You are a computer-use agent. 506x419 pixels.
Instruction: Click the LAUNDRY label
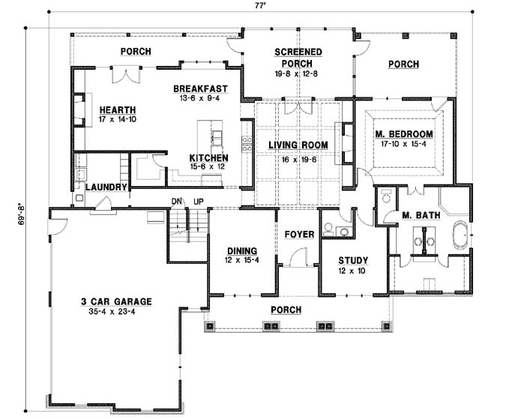(x=105, y=187)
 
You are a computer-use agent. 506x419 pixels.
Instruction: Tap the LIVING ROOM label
(x=298, y=145)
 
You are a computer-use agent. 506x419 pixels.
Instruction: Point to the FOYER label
(x=299, y=235)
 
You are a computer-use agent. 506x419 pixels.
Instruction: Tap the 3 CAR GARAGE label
(x=116, y=301)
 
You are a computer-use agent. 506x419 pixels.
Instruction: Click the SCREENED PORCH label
(x=298, y=58)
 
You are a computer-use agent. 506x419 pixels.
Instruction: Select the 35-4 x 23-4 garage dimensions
(x=116, y=312)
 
